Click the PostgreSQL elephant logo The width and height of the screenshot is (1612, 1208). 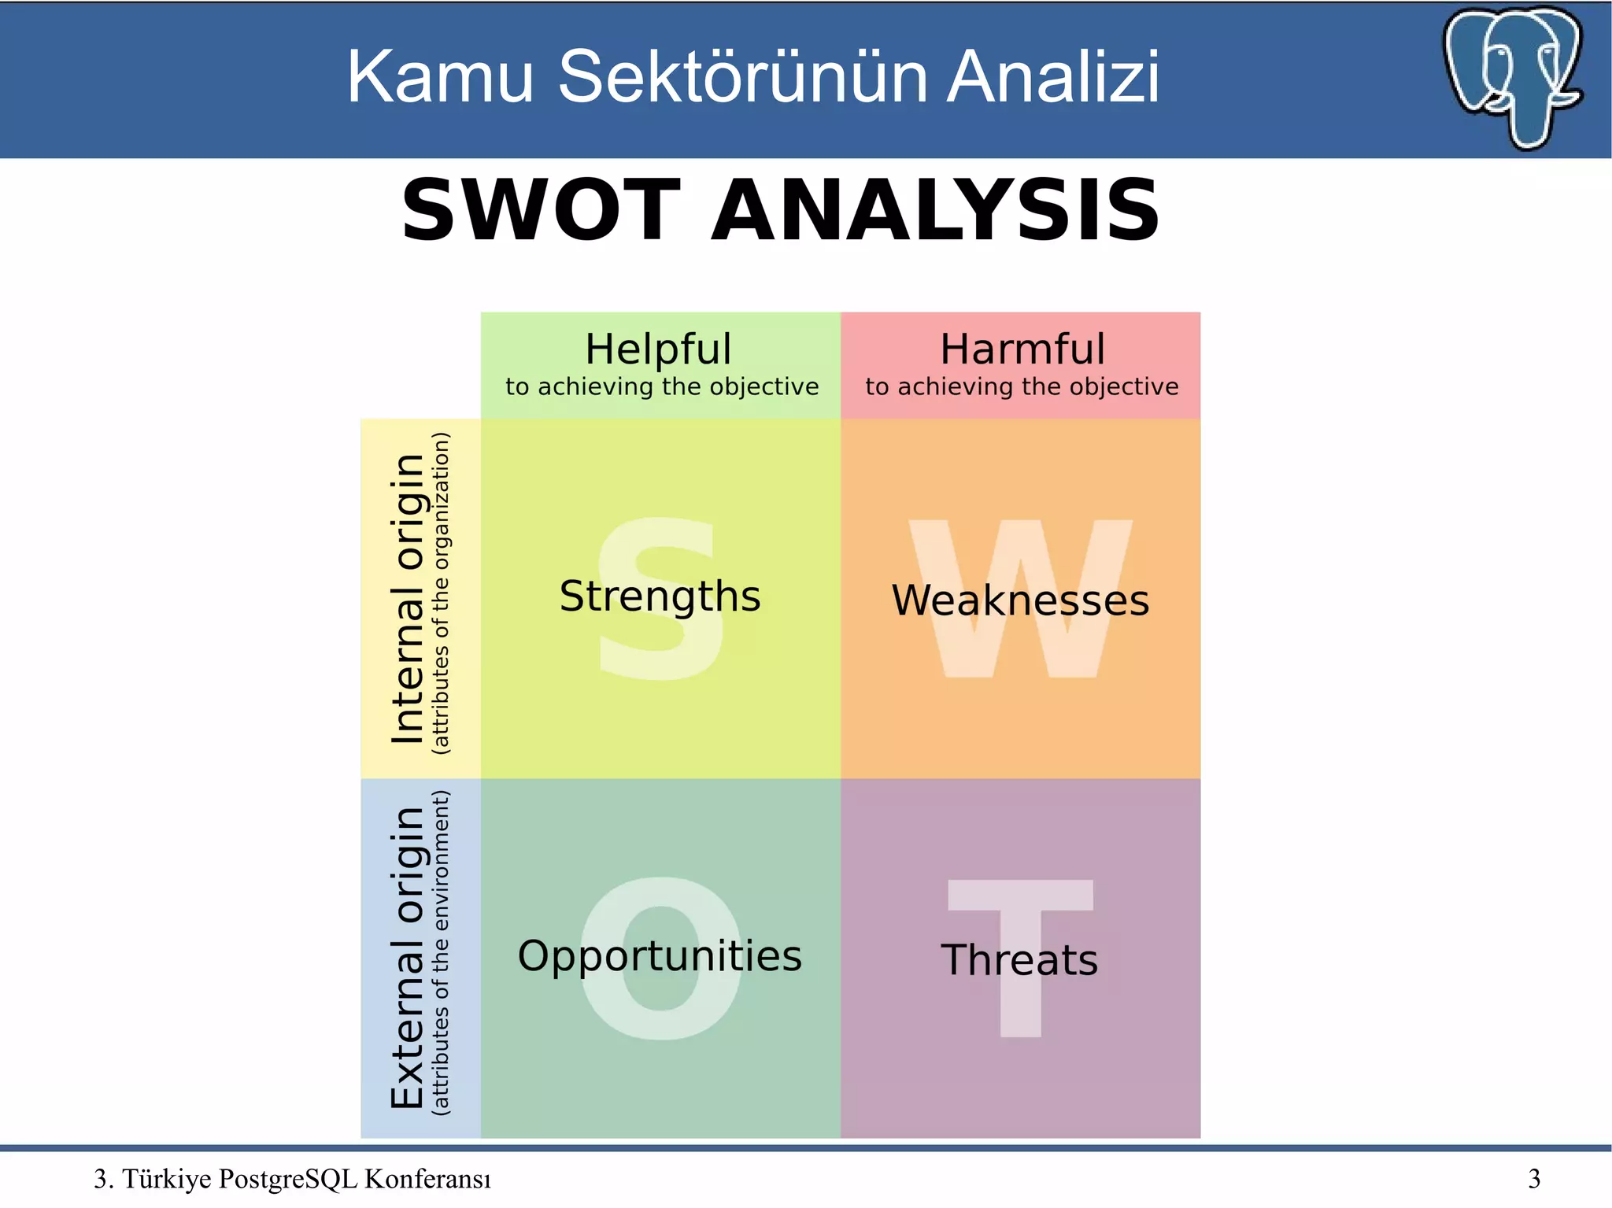(x=1513, y=76)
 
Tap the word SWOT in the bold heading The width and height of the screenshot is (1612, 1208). (x=541, y=210)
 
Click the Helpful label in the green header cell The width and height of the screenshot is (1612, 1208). (x=658, y=349)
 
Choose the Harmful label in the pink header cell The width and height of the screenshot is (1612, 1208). (x=1022, y=349)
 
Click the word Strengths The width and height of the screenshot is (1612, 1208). (x=660, y=596)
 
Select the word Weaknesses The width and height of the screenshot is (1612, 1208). (x=1020, y=600)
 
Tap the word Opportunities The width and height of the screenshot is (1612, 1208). (x=660, y=956)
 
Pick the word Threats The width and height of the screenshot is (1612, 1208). (x=1019, y=960)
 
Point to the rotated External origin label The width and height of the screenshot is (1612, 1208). (x=409, y=957)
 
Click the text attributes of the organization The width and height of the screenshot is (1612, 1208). (x=442, y=594)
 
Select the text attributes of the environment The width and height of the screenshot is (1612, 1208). (x=442, y=953)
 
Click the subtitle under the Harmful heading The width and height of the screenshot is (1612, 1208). (x=1022, y=386)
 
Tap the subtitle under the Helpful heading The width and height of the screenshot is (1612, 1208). (x=662, y=386)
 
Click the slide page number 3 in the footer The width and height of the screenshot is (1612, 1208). (x=1534, y=1178)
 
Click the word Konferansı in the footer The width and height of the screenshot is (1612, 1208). (x=427, y=1178)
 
